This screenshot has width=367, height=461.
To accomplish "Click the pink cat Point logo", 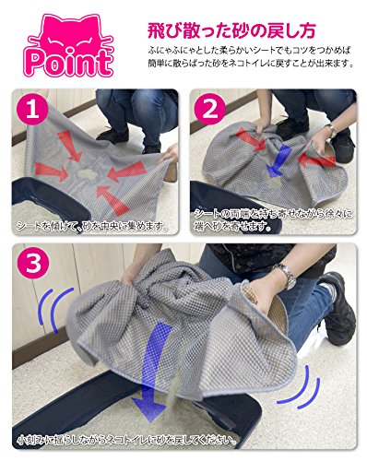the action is tap(70, 46).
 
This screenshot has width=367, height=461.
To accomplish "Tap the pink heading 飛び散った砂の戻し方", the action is tap(232, 30).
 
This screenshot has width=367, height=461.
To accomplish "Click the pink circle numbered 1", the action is tap(32, 111).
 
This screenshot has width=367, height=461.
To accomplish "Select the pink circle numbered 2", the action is tap(210, 109).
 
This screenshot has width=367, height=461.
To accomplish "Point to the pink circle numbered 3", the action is tap(33, 263).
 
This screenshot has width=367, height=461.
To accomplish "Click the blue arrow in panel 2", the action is tap(278, 161).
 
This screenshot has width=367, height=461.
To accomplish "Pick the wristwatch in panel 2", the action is tap(332, 131).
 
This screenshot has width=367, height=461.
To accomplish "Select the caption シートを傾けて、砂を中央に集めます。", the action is tap(92, 227).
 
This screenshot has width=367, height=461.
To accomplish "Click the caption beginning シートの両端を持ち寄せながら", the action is tap(274, 220).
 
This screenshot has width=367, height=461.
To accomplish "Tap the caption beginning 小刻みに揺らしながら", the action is tap(127, 440).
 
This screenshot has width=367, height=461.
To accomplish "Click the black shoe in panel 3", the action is tap(337, 306).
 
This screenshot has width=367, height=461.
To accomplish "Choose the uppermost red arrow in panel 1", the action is tap(69, 146).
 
